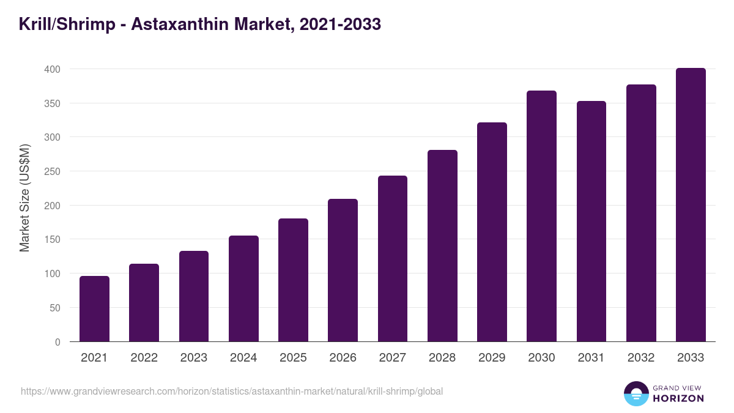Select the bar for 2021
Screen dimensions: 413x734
(x=94, y=309)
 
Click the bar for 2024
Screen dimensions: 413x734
(x=243, y=289)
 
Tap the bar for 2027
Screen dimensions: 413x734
(x=393, y=259)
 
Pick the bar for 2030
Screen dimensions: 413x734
(x=541, y=216)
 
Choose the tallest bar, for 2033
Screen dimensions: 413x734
(x=691, y=205)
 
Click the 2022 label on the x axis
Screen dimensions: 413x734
(x=144, y=358)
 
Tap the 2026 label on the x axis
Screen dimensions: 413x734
(x=343, y=358)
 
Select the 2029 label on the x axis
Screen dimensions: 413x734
(x=492, y=358)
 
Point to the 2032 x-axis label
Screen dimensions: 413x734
(x=641, y=358)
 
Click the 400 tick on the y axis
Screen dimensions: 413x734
(x=53, y=69)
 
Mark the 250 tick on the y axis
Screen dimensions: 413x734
(x=53, y=171)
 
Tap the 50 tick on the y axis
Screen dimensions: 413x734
(x=55, y=308)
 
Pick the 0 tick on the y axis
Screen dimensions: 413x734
(x=57, y=342)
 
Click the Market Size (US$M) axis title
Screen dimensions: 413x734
(x=24, y=198)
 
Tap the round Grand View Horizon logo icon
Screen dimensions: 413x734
(x=636, y=393)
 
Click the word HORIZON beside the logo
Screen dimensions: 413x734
(x=678, y=398)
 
